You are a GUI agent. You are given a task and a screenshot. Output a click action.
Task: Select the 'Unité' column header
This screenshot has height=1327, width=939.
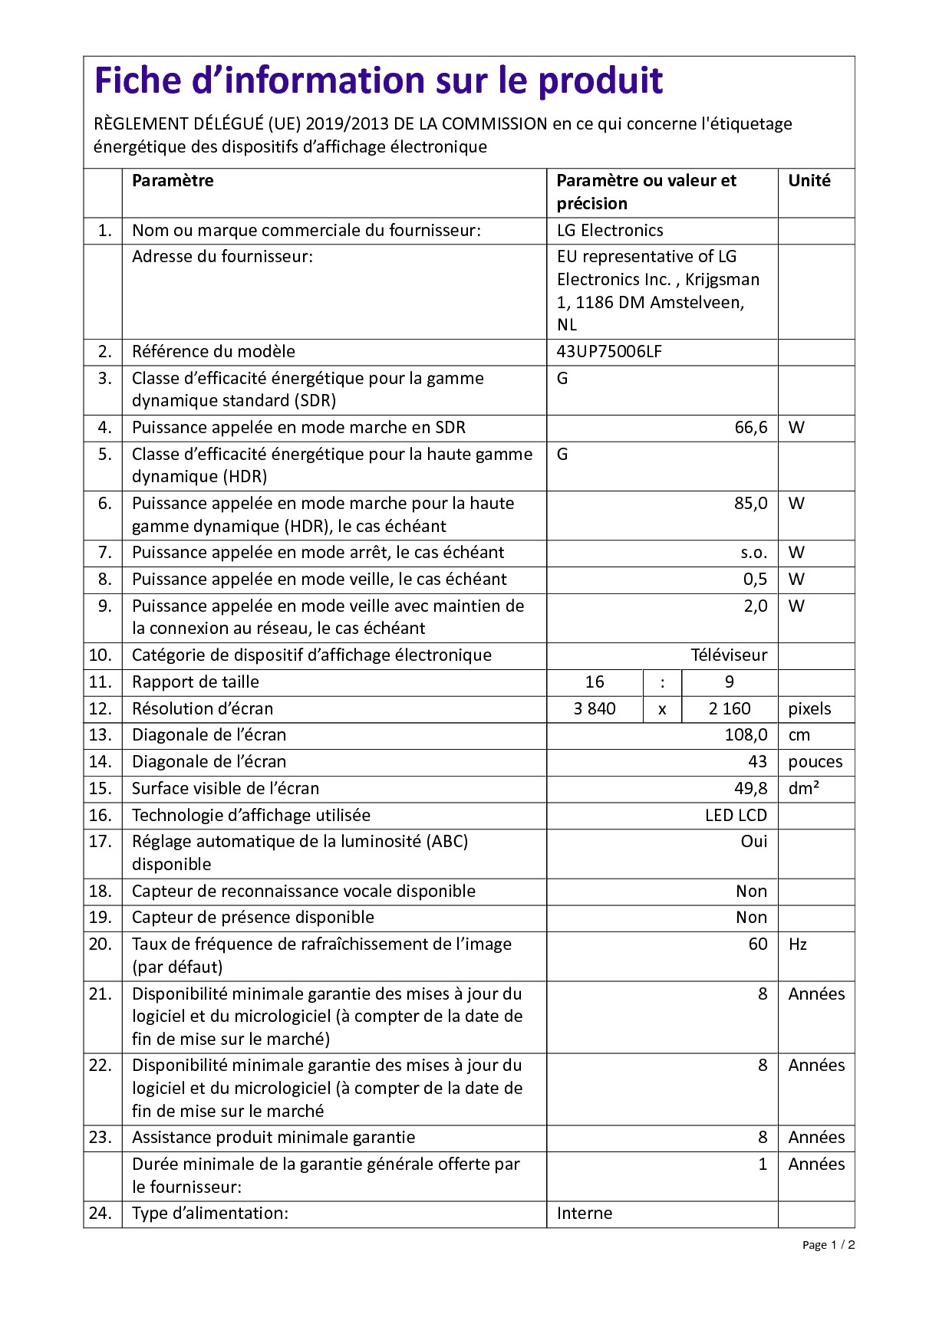point(809,181)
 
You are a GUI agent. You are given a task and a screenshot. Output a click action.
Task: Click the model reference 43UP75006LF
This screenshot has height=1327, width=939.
point(609,352)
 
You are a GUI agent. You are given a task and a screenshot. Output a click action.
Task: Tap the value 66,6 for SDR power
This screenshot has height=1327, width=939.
point(750,428)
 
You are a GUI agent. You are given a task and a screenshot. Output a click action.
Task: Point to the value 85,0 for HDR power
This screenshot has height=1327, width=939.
point(750,504)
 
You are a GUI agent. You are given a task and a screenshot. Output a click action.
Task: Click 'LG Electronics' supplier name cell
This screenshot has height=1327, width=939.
point(610,231)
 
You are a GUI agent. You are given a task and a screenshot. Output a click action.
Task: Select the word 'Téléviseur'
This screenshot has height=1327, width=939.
point(728,655)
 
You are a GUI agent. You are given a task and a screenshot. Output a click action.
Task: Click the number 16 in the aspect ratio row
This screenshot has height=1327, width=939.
point(595,682)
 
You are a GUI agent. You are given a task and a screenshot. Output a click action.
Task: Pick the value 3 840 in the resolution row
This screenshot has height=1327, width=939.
point(595,709)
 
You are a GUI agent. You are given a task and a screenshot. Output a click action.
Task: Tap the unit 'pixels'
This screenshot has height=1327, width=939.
point(809,709)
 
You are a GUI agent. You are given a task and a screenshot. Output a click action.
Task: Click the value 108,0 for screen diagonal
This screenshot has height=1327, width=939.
point(746,735)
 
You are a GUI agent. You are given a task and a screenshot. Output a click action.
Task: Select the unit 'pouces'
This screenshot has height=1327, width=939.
point(815,762)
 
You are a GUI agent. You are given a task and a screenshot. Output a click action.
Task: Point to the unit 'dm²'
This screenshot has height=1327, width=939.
point(803,789)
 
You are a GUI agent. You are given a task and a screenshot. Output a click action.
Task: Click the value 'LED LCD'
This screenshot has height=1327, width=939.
point(736,816)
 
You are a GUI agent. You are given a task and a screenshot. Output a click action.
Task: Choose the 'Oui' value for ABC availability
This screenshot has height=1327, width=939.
point(753,842)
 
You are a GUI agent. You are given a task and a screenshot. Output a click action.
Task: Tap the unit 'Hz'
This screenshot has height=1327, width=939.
point(797,944)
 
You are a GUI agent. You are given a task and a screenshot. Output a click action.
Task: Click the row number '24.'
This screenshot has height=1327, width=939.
point(100,1214)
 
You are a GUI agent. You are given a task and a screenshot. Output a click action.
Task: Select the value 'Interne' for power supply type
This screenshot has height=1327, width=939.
point(585,1214)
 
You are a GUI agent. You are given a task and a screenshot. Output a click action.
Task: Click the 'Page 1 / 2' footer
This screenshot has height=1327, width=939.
point(828,1245)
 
